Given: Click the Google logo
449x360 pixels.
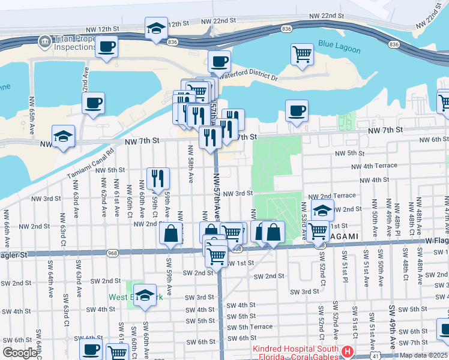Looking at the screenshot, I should tap(19, 353).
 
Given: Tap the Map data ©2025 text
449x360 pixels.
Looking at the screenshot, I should tap(423, 355).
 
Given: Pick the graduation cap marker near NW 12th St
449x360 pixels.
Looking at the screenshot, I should tap(156, 28).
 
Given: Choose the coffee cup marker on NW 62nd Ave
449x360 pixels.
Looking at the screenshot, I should tap(93, 103).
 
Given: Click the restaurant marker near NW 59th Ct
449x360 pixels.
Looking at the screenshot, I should tap(158, 178).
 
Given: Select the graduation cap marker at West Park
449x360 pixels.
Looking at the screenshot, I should tap(145, 295).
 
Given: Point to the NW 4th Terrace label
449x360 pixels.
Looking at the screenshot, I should tap(374, 166).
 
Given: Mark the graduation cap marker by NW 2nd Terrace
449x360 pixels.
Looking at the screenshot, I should tap(322, 211).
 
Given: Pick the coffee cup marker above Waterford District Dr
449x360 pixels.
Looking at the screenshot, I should tap(219, 61).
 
